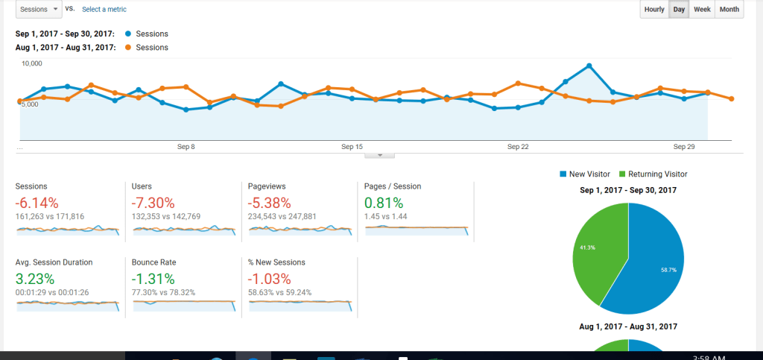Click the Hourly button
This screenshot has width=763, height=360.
(x=654, y=10)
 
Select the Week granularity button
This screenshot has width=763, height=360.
(x=701, y=10)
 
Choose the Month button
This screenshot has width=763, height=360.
(x=729, y=10)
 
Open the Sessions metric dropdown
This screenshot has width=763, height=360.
(x=37, y=9)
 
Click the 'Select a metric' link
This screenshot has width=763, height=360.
(x=104, y=10)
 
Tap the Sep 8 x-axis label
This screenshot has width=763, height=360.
(x=186, y=147)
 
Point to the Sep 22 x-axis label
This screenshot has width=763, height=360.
(x=518, y=147)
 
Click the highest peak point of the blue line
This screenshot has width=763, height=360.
(x=589, y=66)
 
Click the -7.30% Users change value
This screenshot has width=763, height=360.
(x=153, y=203)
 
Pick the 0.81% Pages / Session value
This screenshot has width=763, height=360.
(x=384, y=203)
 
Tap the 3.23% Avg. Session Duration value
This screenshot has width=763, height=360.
(x=35, y=280)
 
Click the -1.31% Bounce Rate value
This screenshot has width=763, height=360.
(x=153, y=280)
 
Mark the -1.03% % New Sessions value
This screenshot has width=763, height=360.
(x=270, y=280)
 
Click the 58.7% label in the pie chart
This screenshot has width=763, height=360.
(x=668, y=270)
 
